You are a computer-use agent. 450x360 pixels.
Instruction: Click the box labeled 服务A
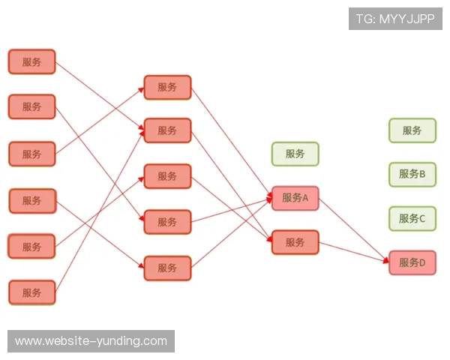pyautogui.click(x=295, y=198)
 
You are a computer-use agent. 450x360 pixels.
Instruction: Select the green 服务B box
pyautogui.click(x=412, y=175)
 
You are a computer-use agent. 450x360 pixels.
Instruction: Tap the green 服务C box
pyautogui.click(x=412, y=219)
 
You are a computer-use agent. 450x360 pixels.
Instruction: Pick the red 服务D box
pyautogui.click(x=412, y=262)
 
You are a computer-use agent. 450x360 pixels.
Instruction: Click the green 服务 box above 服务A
pyautogui.click(x=295, y=154)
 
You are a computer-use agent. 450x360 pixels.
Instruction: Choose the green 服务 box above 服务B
pyautogui.click(x=412, y=130)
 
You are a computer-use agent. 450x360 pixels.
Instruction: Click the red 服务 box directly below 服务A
pyautogui.click(x=295, y=242)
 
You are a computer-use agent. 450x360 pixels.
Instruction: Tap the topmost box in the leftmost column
pyautogui.click(x=31, y=61)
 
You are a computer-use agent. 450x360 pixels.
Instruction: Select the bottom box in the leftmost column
pyautogui.click(x=31, y=292)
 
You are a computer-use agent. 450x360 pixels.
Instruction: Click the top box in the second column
pyautogui.click(x=167, y=88)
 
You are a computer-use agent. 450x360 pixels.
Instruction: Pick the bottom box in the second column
pyautogui.click(x=167, y=268)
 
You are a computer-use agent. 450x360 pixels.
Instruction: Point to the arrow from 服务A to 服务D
pyautogui.click(x=354, y=229)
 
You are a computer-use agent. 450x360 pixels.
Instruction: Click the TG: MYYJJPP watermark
pyautogui.click(x=395, y=19)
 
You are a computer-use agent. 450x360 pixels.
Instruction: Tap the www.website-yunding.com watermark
pyautogui.click(x=91, y=341)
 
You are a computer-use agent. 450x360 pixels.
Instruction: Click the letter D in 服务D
pyautogui.click(x=422, y=263)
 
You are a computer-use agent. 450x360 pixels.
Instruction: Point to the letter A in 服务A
pyautogui.click(x=305, y=198)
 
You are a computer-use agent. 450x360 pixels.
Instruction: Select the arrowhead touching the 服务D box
pyautogui.click(x=386, y=259)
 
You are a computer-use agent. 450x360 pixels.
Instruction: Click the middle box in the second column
pyautogui.click(x=167, y=176)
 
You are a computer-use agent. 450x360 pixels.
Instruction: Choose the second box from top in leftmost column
pyautogui.click(x=31, y=106)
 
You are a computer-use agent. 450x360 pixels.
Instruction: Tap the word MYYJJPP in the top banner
pyautogui.click(x=407, y=19)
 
